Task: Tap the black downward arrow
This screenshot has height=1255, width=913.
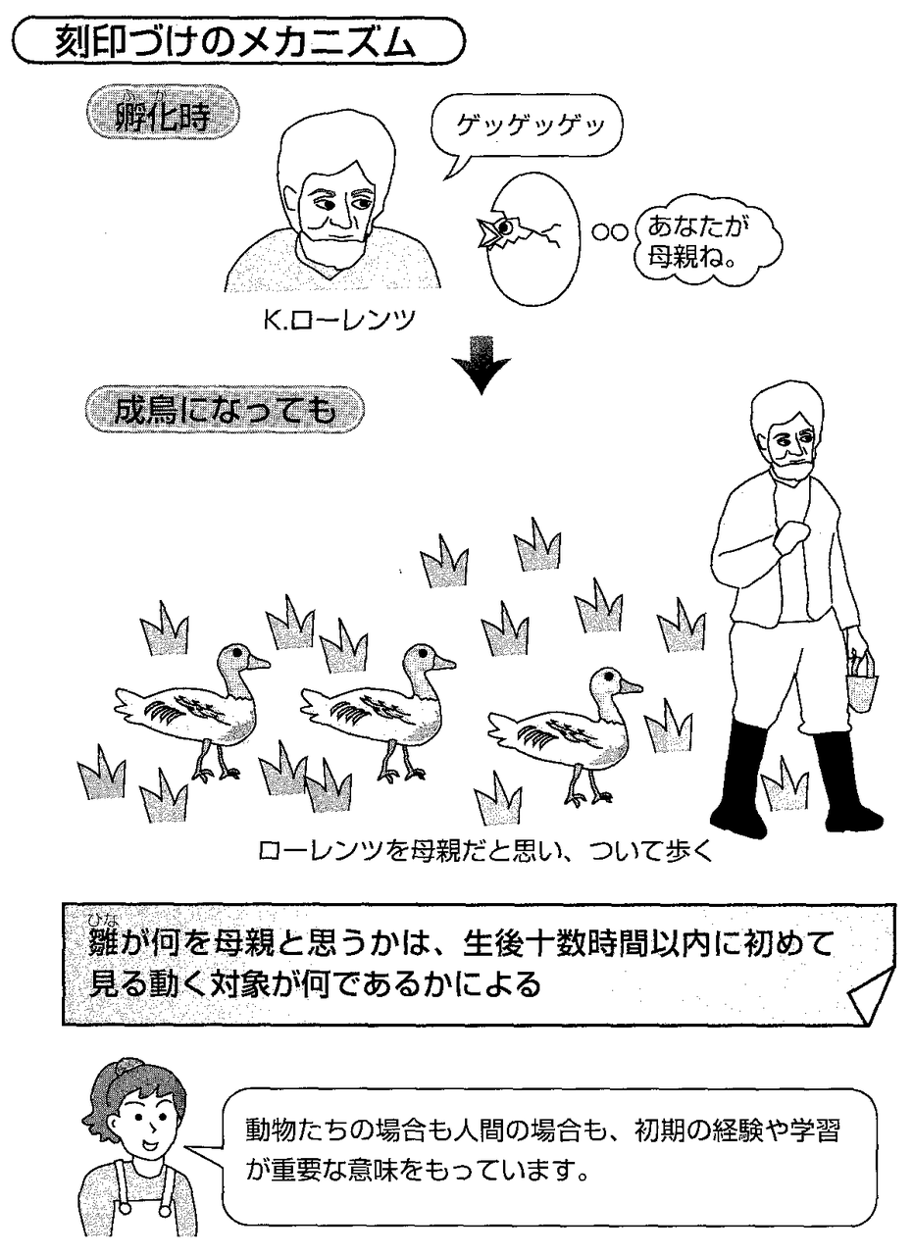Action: [481, 366]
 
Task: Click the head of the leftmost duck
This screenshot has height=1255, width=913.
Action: [236, 659]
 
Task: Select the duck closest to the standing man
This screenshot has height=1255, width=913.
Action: [564, 726]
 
